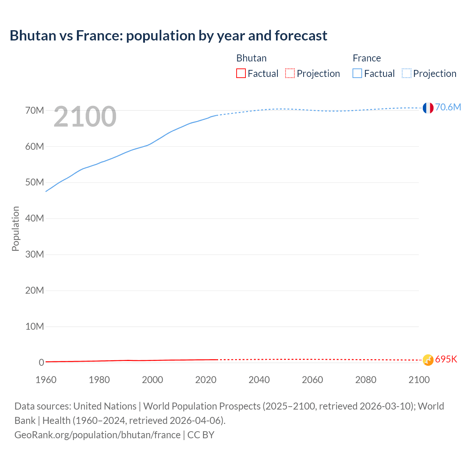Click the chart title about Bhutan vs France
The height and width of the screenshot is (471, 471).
168,36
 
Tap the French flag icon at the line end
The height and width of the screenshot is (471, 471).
428,108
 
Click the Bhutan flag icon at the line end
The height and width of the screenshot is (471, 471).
428,360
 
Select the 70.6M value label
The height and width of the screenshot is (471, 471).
448,107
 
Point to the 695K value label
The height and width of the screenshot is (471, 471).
446,360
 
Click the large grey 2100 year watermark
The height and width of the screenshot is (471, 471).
85,117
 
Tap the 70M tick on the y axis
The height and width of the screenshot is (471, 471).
35,110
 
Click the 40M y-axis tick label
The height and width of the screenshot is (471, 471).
35,219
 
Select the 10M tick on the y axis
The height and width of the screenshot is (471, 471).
35,327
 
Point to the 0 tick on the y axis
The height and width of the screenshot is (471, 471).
41,363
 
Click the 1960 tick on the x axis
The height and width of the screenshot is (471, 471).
46,380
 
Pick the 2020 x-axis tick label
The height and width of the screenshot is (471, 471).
206,380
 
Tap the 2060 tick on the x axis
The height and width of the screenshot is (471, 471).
312,380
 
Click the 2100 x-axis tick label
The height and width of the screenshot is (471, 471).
419,380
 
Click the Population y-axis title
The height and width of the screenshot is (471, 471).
15,229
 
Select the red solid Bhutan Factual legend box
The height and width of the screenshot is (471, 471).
241,74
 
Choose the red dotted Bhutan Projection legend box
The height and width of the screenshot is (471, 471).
290,74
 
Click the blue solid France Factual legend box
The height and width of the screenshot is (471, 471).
357,74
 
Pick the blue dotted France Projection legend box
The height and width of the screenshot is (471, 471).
406,74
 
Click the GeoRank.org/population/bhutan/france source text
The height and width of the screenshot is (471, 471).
98,435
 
